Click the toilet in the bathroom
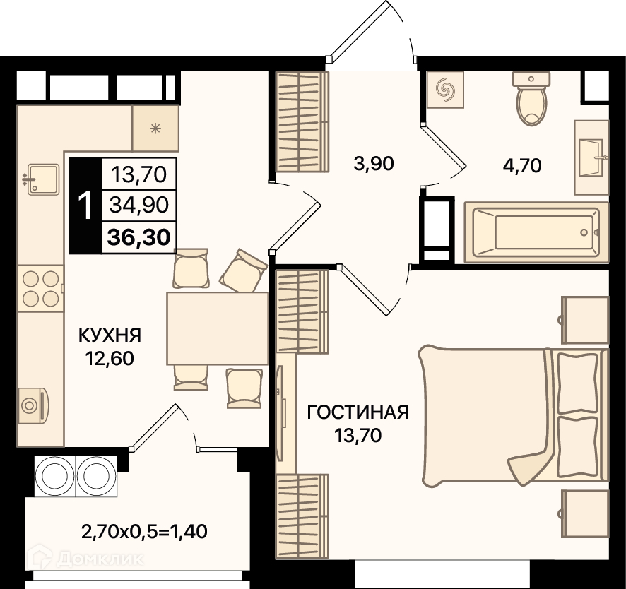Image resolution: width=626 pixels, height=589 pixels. (531, 99)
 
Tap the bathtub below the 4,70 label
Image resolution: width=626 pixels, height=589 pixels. (536, 232)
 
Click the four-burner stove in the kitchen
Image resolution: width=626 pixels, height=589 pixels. (41, 289)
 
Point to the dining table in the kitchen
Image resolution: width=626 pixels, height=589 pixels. (217, 328)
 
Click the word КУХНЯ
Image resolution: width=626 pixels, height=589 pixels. (110, 335)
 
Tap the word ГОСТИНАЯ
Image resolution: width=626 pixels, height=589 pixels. (358, 412)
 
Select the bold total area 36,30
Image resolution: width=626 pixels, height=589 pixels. (139, 237)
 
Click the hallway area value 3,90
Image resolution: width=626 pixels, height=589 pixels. (374, 164)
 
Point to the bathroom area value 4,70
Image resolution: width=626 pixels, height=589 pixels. (522, 165)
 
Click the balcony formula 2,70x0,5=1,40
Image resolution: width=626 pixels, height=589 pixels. (144, 532)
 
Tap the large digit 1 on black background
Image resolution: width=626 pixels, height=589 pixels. (85, 206)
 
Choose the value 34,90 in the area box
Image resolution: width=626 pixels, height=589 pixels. (139, 205)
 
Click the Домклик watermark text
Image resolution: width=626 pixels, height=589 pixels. (100, 559)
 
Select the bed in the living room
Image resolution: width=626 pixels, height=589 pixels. (514, 415)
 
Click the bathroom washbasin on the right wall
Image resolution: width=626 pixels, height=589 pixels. (591, 157)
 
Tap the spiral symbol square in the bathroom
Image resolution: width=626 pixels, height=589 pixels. (445, 90)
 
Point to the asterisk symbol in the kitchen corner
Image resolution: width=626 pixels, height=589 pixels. (155, 128)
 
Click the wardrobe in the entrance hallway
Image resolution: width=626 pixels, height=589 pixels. (302, 122)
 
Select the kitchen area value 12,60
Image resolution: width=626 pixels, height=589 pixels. (110, 358)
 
